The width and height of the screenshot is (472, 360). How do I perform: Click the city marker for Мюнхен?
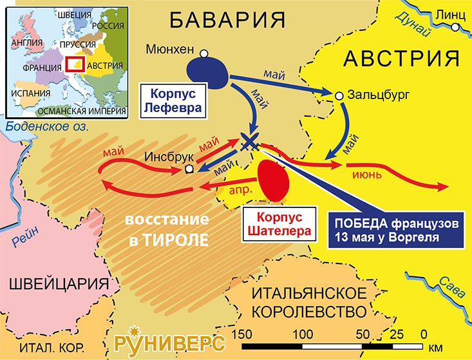tap(204, 53)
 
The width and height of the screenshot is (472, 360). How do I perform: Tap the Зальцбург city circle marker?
tap(338, 96)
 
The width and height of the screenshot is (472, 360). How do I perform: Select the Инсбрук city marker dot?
tap(188, 169)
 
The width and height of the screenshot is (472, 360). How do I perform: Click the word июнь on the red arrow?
tap(368, 174)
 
